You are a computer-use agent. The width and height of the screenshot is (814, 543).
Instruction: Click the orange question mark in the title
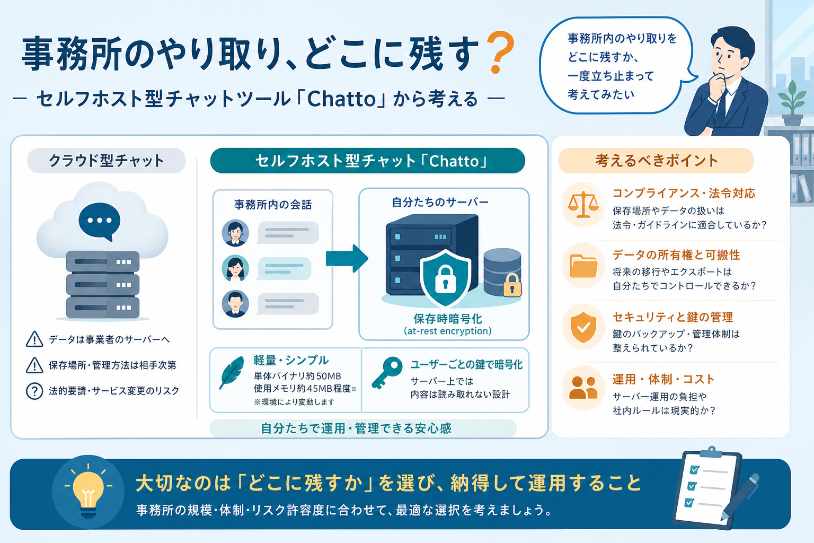pos(500,52)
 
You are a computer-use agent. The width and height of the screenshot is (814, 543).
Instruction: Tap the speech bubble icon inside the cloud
pos(100,221)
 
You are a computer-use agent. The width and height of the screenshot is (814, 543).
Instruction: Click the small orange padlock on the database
pos(512,285)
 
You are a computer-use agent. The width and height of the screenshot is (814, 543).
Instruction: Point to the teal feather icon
pos(232,373)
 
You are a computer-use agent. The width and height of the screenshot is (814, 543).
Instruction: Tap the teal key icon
pos(387,373)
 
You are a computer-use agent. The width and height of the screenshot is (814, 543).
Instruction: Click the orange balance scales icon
pos(583,205)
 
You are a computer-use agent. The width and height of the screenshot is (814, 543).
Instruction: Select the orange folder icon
pos(583,266)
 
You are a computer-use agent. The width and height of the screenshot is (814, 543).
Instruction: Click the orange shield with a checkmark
pos(583,327)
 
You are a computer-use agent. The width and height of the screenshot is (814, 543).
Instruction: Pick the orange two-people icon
pos(583,388)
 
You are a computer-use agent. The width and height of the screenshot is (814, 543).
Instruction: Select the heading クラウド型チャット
pos(107,160)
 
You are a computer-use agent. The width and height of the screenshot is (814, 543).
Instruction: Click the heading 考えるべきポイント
pos(656,160)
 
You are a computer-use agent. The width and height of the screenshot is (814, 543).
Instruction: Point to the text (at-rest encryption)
pos(448,331)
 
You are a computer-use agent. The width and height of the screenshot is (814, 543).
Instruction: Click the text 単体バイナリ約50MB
pos(297,376)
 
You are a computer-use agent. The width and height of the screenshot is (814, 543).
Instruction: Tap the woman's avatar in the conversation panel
pos(235,268)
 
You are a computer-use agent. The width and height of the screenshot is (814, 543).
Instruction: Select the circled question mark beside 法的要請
pos(34,391)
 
